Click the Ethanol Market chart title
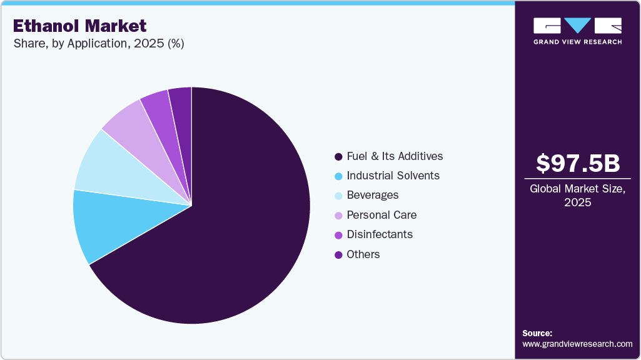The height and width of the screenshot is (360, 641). pos(79,26)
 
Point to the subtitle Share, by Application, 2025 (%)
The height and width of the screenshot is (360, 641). pos(98,44)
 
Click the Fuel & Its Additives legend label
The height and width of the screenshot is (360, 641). pos(395,156)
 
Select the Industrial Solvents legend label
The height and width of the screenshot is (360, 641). pos(393,176)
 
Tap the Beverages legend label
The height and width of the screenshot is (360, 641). pos(372,195)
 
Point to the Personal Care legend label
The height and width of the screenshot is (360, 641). pos(381,215)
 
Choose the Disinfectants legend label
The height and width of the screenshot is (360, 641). pos(380,234)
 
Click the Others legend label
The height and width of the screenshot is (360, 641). pos(363,254)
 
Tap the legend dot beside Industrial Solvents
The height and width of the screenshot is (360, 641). pos(338,176)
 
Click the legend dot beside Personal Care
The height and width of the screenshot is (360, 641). pos(338,215)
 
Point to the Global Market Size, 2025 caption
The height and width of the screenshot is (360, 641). pos(578,195)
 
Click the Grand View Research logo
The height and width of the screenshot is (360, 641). pos(577,31)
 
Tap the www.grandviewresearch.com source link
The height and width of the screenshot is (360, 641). pos(577,344)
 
